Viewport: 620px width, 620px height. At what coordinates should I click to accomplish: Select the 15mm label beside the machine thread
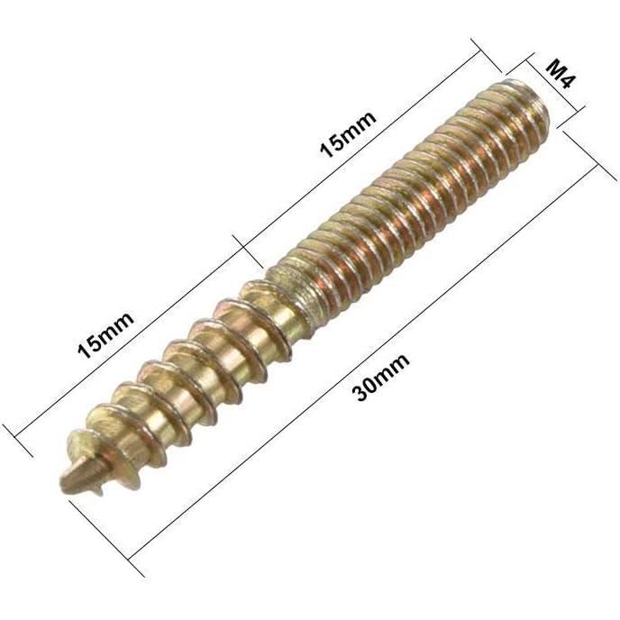tap(347, 134)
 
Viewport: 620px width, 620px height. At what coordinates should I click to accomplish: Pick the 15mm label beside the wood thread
tap(105, 335)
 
